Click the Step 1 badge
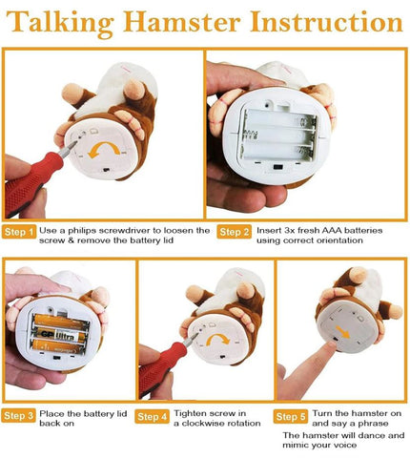(x=19, y=232)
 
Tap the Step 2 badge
(x=235, y=232)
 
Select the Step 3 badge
(x=19, y=416)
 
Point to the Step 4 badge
(x=152, y=416)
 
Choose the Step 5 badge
(x=291, y=416)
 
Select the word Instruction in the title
(x=326, y=22)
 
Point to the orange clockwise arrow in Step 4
(x=217, y=338)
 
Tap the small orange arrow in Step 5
(x=342, y=332)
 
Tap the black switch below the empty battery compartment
(x=277, y=167)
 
